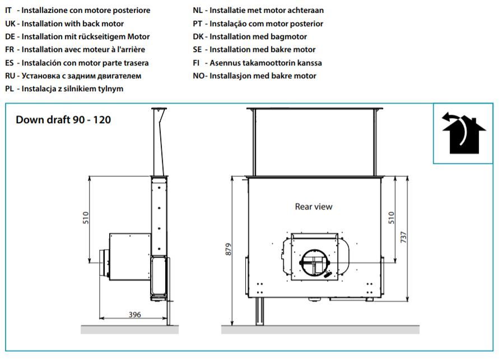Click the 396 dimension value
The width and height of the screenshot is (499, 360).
tap(134, 315)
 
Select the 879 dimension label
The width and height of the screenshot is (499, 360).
tap(228, 250)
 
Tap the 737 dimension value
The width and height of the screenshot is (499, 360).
tap(403, 237)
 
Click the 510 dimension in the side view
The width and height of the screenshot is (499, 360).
tap(86, 218)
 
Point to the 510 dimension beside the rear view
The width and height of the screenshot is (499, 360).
tap(391, 218)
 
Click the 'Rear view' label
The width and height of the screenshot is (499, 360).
tap(314, 207)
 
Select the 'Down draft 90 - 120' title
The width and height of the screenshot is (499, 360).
tap(63, 120)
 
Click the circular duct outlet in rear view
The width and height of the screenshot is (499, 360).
tap(315, 263)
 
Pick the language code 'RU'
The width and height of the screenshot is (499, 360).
tap(10, 76)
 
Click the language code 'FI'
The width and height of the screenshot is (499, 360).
tap(196, 63)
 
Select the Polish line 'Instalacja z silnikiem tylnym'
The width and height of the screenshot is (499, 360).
tap(72, 88)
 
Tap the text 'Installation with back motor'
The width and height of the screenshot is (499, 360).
tap(73, 24)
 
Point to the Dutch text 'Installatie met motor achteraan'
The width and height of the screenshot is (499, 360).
tap(267, 10)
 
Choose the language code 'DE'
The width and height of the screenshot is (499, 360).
tap(10, 36)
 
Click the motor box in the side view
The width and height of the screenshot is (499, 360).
tap(130, 256)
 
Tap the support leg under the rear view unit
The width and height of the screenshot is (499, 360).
tap(260, 311)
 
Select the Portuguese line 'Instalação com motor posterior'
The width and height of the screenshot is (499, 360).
tap(266, 24)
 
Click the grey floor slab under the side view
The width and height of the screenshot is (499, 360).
tap(129, 329)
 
